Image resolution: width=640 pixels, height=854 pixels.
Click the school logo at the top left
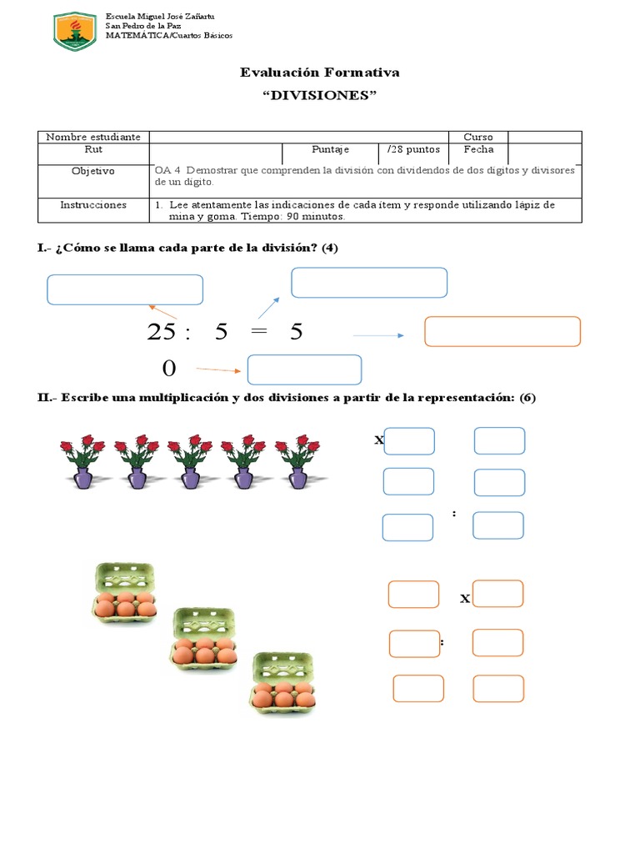78,30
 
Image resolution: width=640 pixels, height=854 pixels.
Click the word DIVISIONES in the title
319,95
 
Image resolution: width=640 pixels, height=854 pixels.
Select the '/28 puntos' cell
412,150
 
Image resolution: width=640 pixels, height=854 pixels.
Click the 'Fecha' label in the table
478,150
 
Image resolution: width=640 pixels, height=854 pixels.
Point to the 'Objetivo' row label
92,171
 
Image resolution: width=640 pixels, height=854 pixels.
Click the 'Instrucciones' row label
92,205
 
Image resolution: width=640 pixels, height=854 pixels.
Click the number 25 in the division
162,332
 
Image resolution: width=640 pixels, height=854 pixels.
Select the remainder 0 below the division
169,369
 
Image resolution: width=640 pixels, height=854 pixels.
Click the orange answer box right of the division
502,331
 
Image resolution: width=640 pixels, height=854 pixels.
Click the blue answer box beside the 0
304,369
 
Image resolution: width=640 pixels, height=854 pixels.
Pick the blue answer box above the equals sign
368,283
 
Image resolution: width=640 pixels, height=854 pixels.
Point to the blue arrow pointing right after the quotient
378,335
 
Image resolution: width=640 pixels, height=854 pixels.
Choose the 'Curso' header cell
478,137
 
